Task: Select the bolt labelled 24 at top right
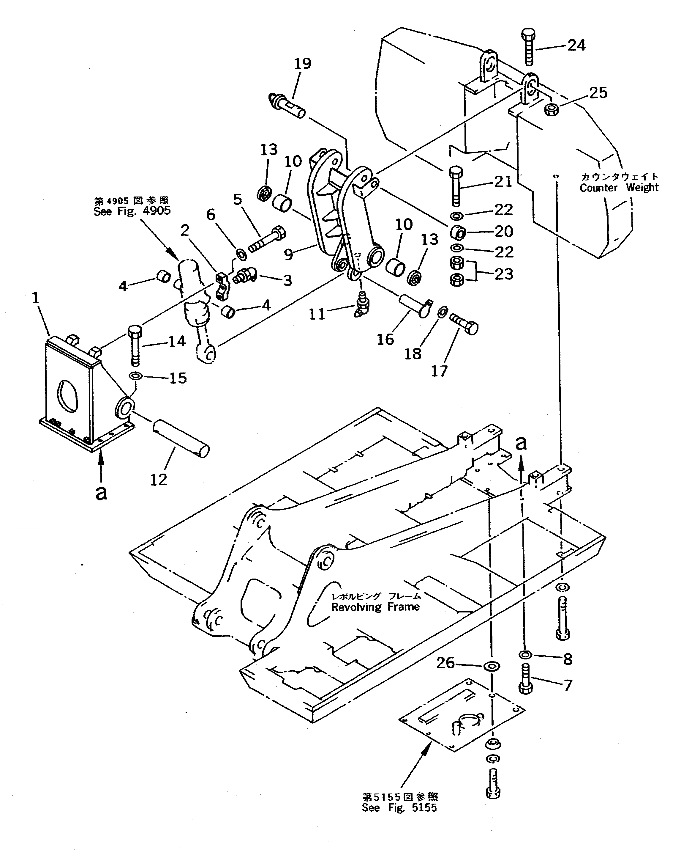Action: (529, 46)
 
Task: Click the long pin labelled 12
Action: (180, 439)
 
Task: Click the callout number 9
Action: (289, 254)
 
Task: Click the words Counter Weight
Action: (619, 188)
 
